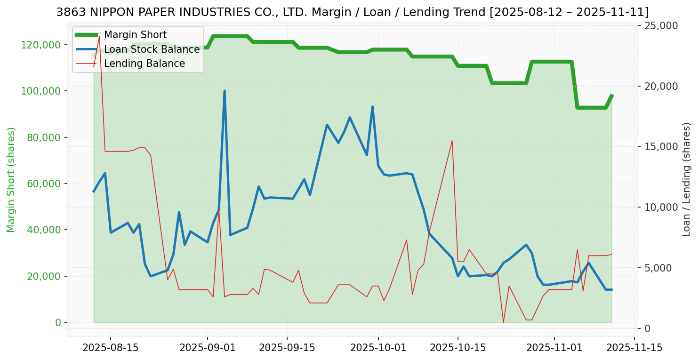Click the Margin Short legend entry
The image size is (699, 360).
[x=135, y=35]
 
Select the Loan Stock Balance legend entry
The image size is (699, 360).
[x=152, y=49]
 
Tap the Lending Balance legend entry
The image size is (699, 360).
[x=144, y=64]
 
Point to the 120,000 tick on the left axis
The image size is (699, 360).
[x=41, y=45]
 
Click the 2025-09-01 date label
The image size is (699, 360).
[x=208, y=348]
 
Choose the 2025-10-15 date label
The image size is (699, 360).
[x=458, y=348]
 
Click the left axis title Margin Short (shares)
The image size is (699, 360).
[x=11, y=179]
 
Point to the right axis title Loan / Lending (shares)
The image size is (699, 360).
[x=686, y=179]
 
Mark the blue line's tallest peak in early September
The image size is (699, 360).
[x=225, y=91]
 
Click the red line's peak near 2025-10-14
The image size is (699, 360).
[x=452, y=140]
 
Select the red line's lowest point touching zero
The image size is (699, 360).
[x=503, y=322]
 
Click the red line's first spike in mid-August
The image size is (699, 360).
[x=99, y=36]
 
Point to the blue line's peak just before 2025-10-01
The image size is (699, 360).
[x=372, y=107]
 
